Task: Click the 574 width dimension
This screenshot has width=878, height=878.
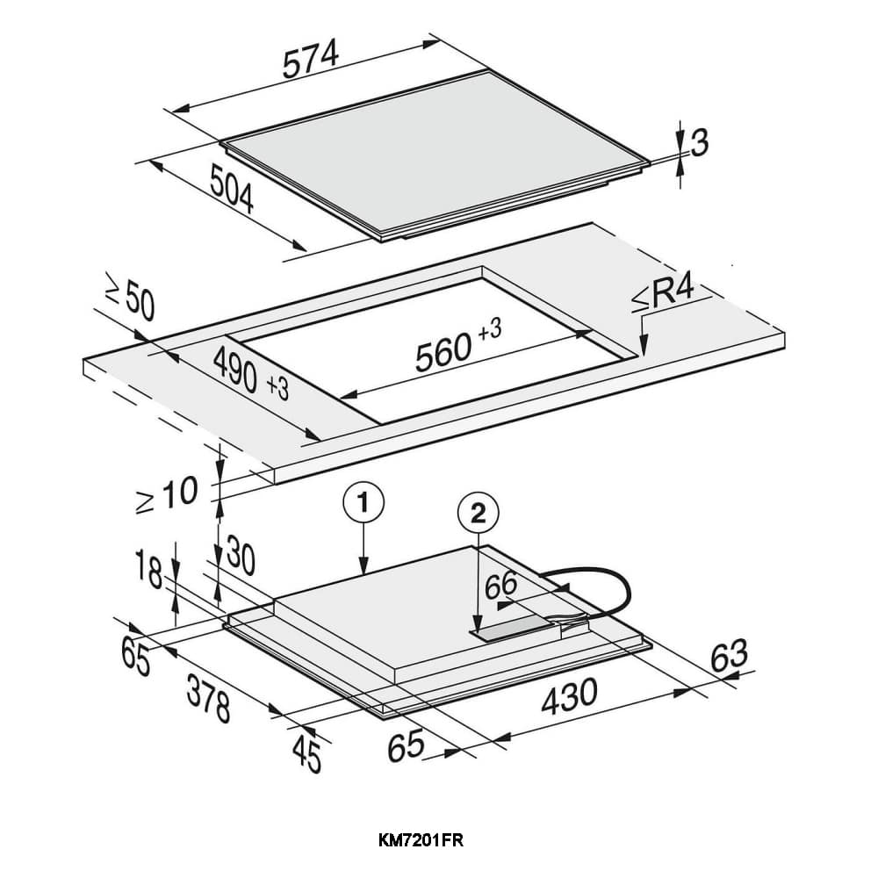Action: coord(310,62)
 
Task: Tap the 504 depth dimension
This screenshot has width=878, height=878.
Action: coord(232,189)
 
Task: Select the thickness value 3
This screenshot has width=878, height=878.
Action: coord(699,143)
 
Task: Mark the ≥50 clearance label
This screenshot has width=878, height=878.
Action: coord(129,300)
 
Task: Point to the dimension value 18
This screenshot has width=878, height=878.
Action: coord(149,575)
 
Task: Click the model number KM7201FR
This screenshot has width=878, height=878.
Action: coord(421,840)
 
